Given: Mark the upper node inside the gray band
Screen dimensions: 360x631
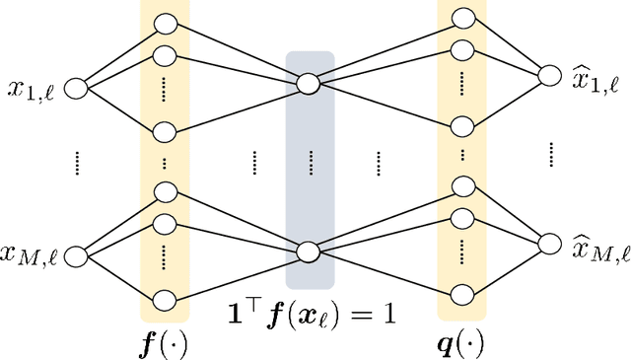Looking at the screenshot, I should [310, 86].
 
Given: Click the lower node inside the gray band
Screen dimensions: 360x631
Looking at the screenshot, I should [310, 252].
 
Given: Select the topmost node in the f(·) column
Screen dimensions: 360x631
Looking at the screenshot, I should [166, 22].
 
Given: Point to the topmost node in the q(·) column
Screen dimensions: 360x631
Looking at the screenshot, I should [461, 17].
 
